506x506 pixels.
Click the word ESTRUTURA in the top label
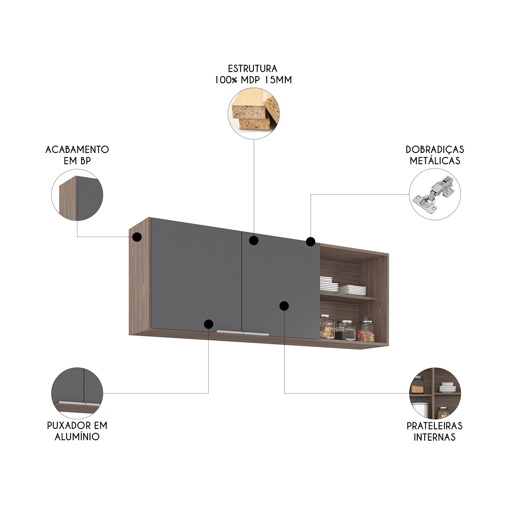tap(253, 69)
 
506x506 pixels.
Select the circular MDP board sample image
tap(253, 113)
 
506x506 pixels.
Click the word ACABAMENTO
tap(77, 149)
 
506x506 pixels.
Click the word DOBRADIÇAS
tap(434, 149)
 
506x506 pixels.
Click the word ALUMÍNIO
tap(77, 437)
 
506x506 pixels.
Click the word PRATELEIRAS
tap(434, 426)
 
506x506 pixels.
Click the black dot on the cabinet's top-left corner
tap(137, 237)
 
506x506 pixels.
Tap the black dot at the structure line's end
tap(254, 241)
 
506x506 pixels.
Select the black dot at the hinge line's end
tap(310, 242)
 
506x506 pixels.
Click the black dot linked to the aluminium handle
tap(209, 324)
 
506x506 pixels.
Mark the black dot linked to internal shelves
tap(284, 306)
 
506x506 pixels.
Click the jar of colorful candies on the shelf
tap(366, 332)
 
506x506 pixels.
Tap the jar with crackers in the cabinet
tap(327, 328)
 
